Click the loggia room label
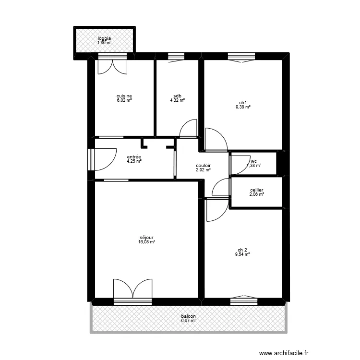point(104,38)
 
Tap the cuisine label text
point(124,96)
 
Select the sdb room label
point(177,96)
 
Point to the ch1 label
point(242,102)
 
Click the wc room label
point(254,161)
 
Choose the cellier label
point(256,190)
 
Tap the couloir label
point(204,166)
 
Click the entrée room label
point(134,157)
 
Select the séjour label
point(146,238)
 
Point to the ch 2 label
point(242,250)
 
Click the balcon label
point(188,316)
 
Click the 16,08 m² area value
point(146,242)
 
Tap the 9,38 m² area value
point(242,107)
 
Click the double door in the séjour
point(132,290)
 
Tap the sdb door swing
point(189,128)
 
